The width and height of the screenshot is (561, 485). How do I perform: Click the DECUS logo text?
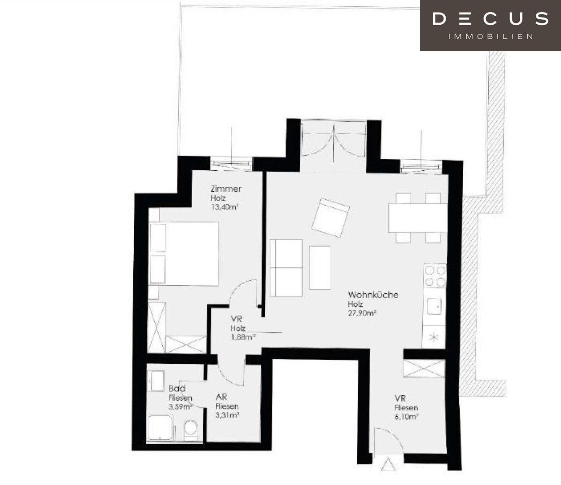[490, 19]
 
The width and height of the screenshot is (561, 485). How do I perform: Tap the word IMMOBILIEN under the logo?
[491, 37]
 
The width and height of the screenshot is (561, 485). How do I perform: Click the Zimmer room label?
[226, 189]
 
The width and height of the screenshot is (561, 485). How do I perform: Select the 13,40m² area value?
[225, 207]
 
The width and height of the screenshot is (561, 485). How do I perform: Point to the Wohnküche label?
[373, 295]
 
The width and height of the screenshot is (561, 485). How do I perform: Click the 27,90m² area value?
[362, 313]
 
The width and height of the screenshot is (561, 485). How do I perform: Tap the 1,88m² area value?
[243, 337]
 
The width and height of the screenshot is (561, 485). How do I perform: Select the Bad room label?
[177, 388]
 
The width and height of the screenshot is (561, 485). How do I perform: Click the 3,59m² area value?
[180, 407]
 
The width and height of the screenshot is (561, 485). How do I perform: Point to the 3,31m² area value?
[228, 415]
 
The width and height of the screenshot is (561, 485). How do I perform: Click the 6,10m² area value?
[406, 416]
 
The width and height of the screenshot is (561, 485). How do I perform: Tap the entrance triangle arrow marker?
[388, 464]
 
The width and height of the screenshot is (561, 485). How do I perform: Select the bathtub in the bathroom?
[160, 428]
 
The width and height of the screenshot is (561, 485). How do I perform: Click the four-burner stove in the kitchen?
[435, 276]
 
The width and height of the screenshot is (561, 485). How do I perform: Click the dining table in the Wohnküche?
[418, 218]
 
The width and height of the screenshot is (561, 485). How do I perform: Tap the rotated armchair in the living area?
[331, 218]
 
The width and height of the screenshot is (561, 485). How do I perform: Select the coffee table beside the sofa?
[320, 268]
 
